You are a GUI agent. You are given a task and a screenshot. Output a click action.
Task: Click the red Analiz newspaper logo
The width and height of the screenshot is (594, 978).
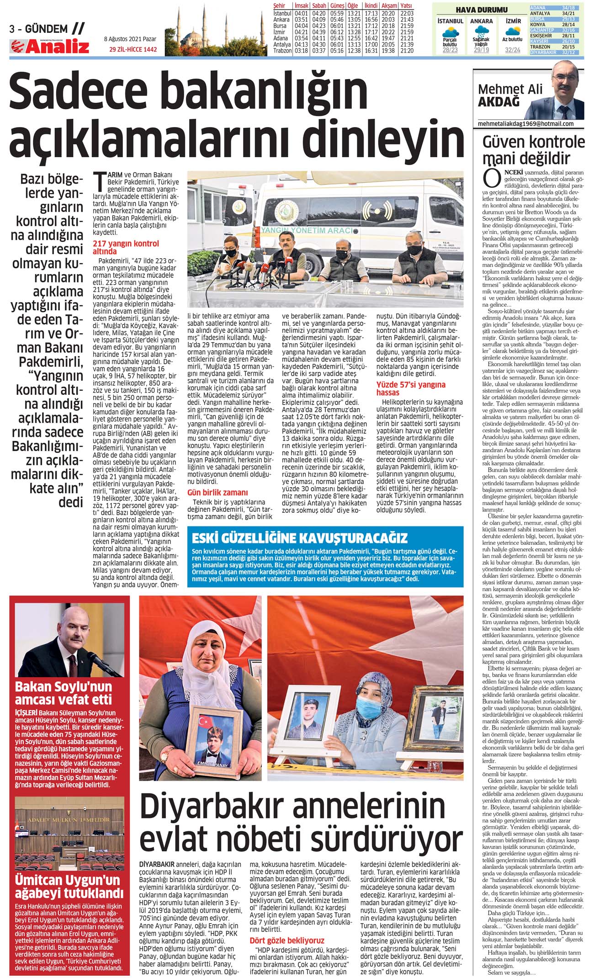pyautogui.click(x=50, y=47)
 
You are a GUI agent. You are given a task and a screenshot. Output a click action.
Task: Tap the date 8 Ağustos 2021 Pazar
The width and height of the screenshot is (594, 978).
pyautogui.click(x=130, y=39)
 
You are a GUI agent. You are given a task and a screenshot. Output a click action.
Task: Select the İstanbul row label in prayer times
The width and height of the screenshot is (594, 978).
pyautogui.click(x=282, y=14)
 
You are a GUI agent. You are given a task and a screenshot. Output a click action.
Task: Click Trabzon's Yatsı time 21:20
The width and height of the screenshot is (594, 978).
pyautogui.click(x=406, y=51)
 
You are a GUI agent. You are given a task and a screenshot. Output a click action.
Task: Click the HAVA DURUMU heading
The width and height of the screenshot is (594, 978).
pyautogui.click(x=482, y=10)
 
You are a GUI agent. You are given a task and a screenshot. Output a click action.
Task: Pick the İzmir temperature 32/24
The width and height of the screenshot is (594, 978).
pyautogui.click(x=513, y=50)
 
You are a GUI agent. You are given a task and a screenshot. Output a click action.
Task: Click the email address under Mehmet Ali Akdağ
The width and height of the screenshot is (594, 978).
pyautogui.click(x=525, y=124)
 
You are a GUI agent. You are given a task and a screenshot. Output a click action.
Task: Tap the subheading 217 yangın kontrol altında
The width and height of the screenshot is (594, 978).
pyautogui.click(x=126, y=247)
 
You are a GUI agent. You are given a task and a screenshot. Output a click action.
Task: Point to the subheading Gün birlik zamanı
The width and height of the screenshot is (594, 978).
pyautogui.click(x=217, y=492)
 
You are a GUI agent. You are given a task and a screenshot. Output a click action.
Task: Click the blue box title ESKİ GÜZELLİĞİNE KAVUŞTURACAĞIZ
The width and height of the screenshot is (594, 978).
pyautogui.click(x=299, y=537)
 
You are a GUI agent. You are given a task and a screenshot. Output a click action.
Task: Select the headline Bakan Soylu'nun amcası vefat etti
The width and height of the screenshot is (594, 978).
pyautogui.click(x=64, y=693)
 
